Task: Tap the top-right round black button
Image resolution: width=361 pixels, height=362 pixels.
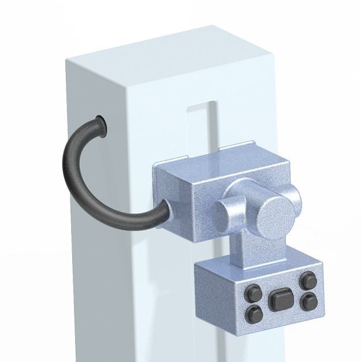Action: point(307,281)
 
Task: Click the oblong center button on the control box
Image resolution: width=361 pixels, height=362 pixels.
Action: point(280,300)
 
